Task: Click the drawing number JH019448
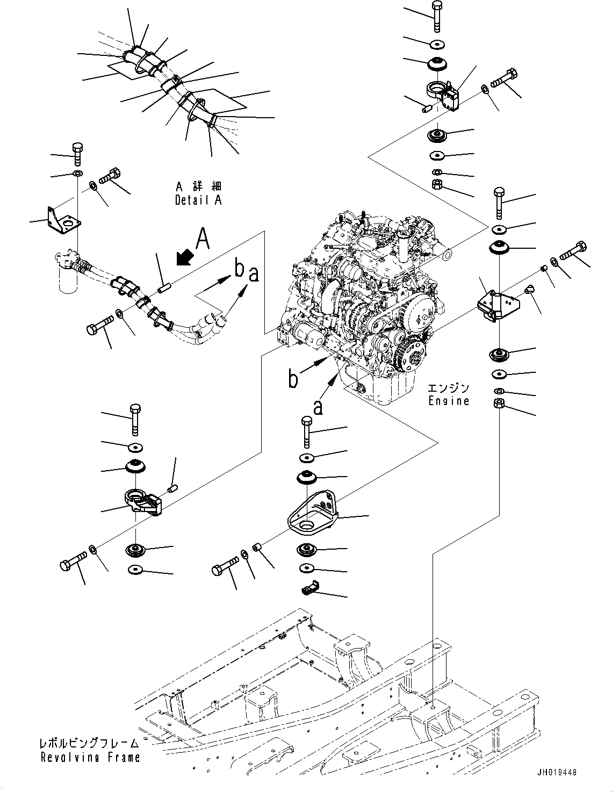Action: (x=556, y=772)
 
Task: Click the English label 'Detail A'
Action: (x=198, y=200)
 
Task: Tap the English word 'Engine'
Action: (x=449, y=401)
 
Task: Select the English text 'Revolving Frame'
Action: (x=90, y=757)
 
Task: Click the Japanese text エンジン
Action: (x=449, y=388)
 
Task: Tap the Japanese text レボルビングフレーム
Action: (x=89, y=744)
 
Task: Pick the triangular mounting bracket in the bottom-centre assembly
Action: (x=312, y=513)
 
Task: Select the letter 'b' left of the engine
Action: (x=293, y=379)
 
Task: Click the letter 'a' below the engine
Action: (x=318, y=408)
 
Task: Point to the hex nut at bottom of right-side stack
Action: (x=498, y=404)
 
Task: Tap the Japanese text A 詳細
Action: (x=198, y=186)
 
